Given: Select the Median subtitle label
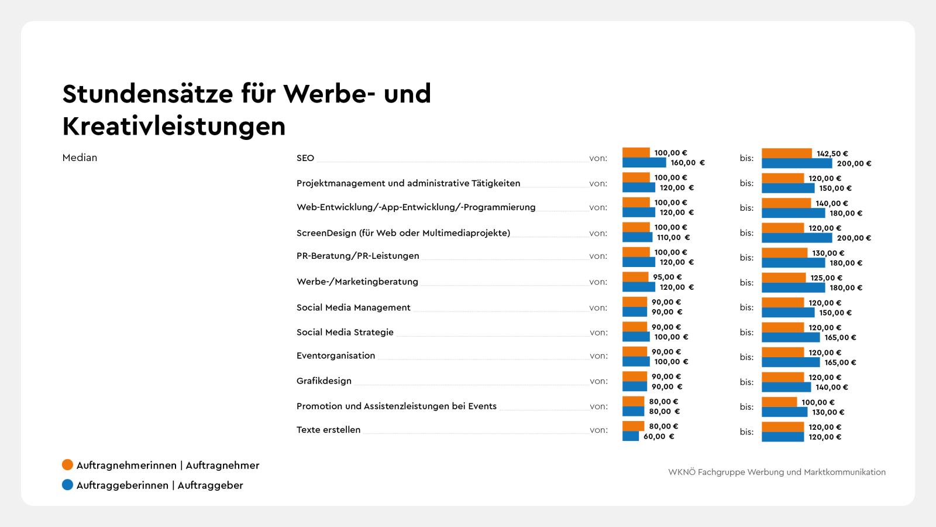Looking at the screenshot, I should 80,158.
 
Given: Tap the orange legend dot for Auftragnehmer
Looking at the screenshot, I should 68,465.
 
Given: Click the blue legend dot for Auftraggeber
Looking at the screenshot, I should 68,485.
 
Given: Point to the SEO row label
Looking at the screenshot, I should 305,158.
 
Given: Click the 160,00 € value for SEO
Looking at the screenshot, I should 687,163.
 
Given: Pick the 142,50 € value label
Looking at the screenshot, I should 832,153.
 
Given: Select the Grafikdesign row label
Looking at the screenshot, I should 324,381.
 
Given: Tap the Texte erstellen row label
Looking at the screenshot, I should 328,430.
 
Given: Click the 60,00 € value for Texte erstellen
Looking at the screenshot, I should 659,436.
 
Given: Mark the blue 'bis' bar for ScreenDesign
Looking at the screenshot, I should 796,238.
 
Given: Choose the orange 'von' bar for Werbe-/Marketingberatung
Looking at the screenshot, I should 635,277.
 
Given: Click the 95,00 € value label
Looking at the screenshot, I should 667,277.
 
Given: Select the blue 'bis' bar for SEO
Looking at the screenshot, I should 796,163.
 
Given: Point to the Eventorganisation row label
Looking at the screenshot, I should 336,355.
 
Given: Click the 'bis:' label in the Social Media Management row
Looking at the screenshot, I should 746,307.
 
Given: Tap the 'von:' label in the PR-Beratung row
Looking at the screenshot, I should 598,256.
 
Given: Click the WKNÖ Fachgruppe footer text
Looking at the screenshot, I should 777,472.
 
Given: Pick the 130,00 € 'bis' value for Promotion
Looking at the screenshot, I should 828,412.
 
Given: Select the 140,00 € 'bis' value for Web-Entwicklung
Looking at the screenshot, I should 831,203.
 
